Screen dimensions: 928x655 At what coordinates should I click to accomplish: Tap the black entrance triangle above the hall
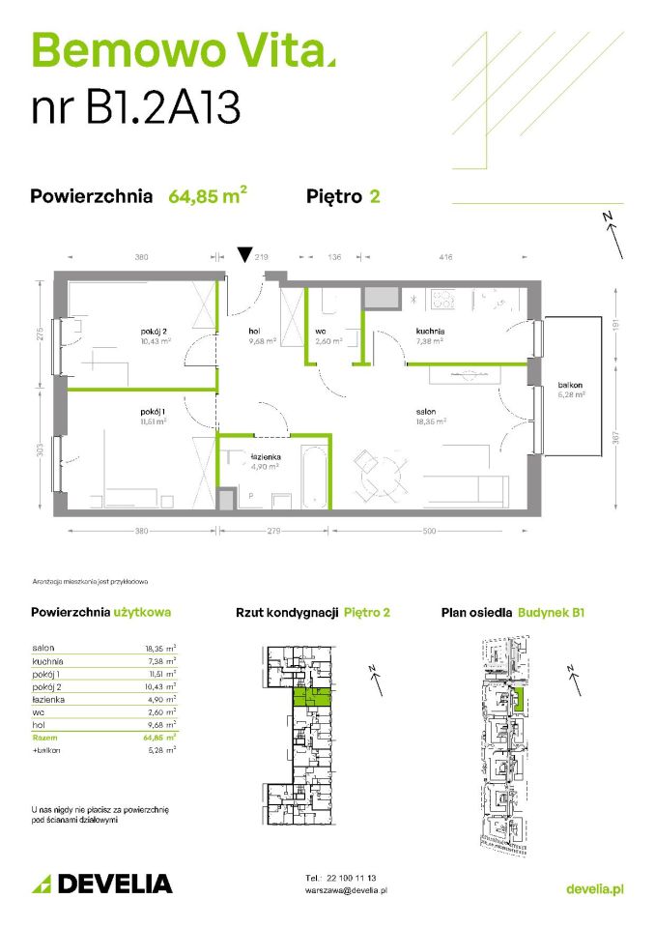coord(244,256)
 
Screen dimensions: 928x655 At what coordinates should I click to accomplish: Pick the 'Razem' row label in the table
coord(44,737)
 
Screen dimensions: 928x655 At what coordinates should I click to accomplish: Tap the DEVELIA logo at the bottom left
coord(102,884)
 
